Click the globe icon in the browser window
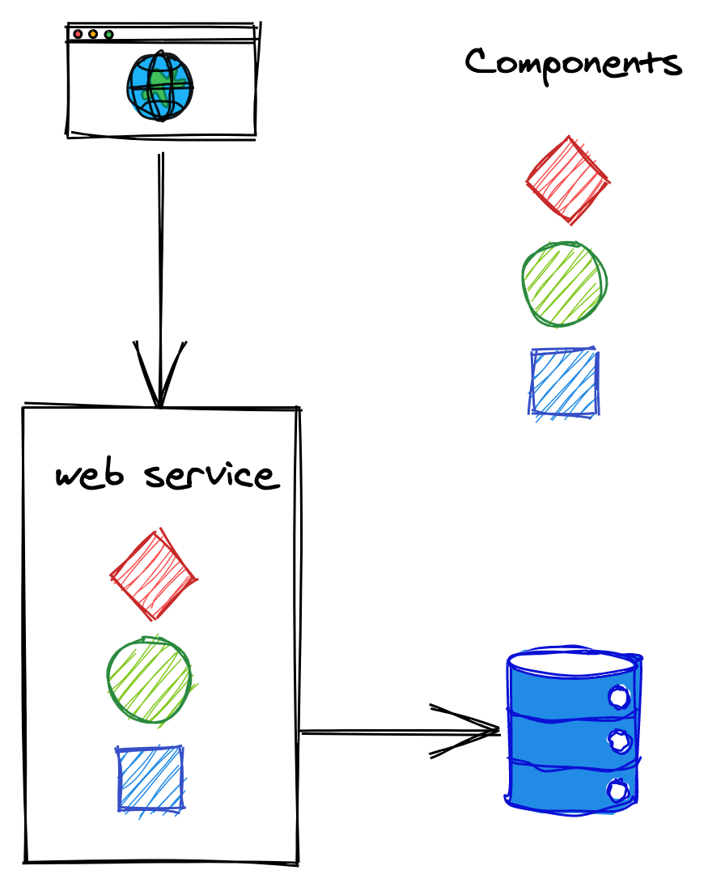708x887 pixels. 159,87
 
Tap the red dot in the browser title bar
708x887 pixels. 78,34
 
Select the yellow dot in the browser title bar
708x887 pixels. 93,34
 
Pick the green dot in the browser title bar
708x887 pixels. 108,34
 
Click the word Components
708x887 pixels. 573,63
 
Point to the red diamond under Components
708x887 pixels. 567,180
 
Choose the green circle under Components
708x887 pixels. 564,282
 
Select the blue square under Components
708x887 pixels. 564,383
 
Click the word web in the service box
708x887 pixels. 90,475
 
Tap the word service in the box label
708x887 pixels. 211,475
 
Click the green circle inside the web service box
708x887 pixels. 150,679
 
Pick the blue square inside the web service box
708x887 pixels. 151,778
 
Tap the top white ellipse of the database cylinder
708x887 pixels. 573,663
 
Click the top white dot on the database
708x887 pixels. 618,697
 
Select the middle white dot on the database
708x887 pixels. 618,741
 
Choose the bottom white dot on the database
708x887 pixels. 618,790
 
